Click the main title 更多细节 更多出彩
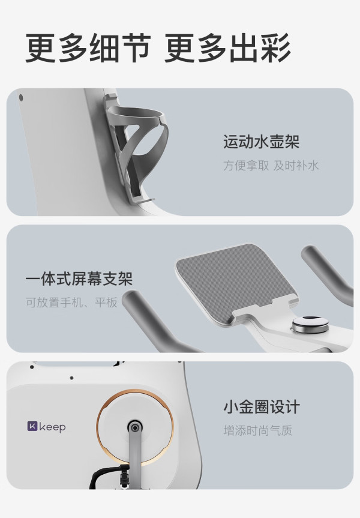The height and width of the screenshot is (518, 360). (x=158, y=48)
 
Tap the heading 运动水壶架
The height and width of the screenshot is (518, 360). (x=261, y=142)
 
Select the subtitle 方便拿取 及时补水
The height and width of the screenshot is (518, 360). (x=271, y=165)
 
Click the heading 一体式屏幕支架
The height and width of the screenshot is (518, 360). (x=79, y=279)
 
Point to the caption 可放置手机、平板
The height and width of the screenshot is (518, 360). (x=71, y=302)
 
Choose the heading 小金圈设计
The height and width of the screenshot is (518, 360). (x=262, y=407)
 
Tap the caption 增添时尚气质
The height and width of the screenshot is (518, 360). (x=258, y=430)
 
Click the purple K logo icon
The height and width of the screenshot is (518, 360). (x=32, y=426)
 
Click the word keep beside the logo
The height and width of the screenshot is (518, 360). (x=53, y=427)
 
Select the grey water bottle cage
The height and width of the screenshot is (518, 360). (x=136, y=149)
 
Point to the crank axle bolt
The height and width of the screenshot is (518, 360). (x=134, y=428)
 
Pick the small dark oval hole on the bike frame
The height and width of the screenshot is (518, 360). (x=21, y=98)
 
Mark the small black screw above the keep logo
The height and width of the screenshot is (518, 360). (x=71, y=378)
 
